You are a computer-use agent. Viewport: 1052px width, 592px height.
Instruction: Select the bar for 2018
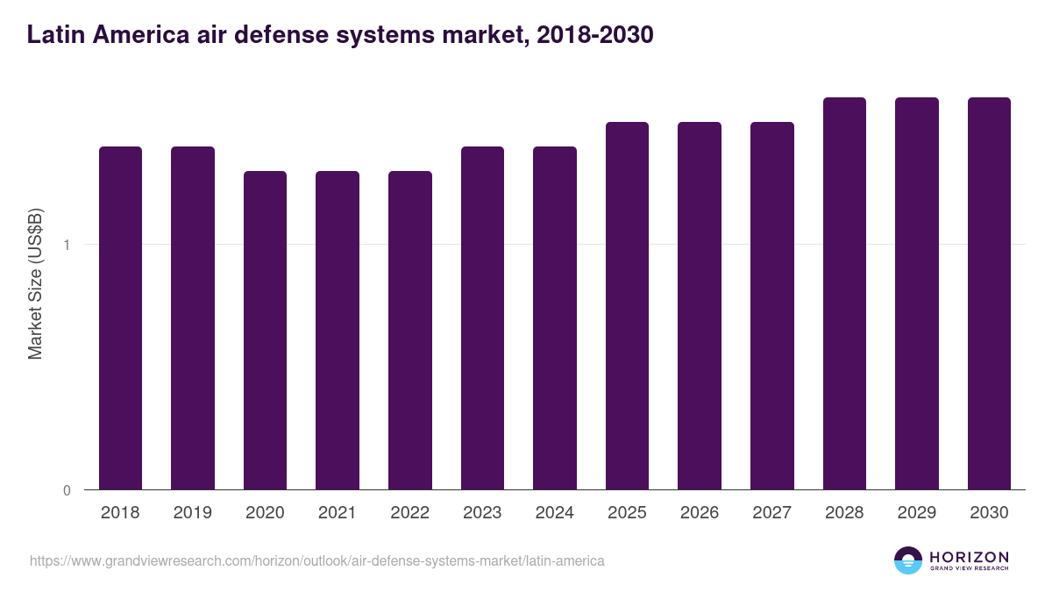120,317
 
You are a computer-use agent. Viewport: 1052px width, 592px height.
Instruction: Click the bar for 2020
265,330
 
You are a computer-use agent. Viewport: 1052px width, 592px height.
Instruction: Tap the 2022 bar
410,330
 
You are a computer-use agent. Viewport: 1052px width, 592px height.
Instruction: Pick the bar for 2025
627,305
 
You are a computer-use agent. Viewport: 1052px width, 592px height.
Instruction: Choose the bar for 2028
844,293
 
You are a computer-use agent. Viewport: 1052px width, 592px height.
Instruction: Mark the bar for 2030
989,293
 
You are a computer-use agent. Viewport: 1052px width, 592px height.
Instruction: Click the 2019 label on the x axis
193,513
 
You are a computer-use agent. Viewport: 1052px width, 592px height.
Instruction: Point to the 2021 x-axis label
338,513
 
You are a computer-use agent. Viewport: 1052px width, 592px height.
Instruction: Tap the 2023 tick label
482,513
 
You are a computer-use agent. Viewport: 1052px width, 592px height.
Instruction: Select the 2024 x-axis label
555,513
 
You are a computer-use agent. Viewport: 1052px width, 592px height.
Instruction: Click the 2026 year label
700,513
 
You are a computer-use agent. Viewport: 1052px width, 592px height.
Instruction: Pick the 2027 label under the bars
771,513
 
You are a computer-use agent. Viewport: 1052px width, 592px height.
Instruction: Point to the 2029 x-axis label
916,513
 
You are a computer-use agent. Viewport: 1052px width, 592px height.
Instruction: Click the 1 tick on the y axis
67,245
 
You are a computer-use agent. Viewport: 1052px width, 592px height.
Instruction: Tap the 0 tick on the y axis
67,490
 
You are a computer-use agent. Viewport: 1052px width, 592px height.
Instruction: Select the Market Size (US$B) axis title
35,283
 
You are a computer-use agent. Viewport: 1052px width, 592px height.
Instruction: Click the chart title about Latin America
340,35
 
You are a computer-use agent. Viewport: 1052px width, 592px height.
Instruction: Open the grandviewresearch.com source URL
316,560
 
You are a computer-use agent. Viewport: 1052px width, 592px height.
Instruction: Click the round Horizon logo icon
907,560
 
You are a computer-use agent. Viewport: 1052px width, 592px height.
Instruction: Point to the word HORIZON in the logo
969,556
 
